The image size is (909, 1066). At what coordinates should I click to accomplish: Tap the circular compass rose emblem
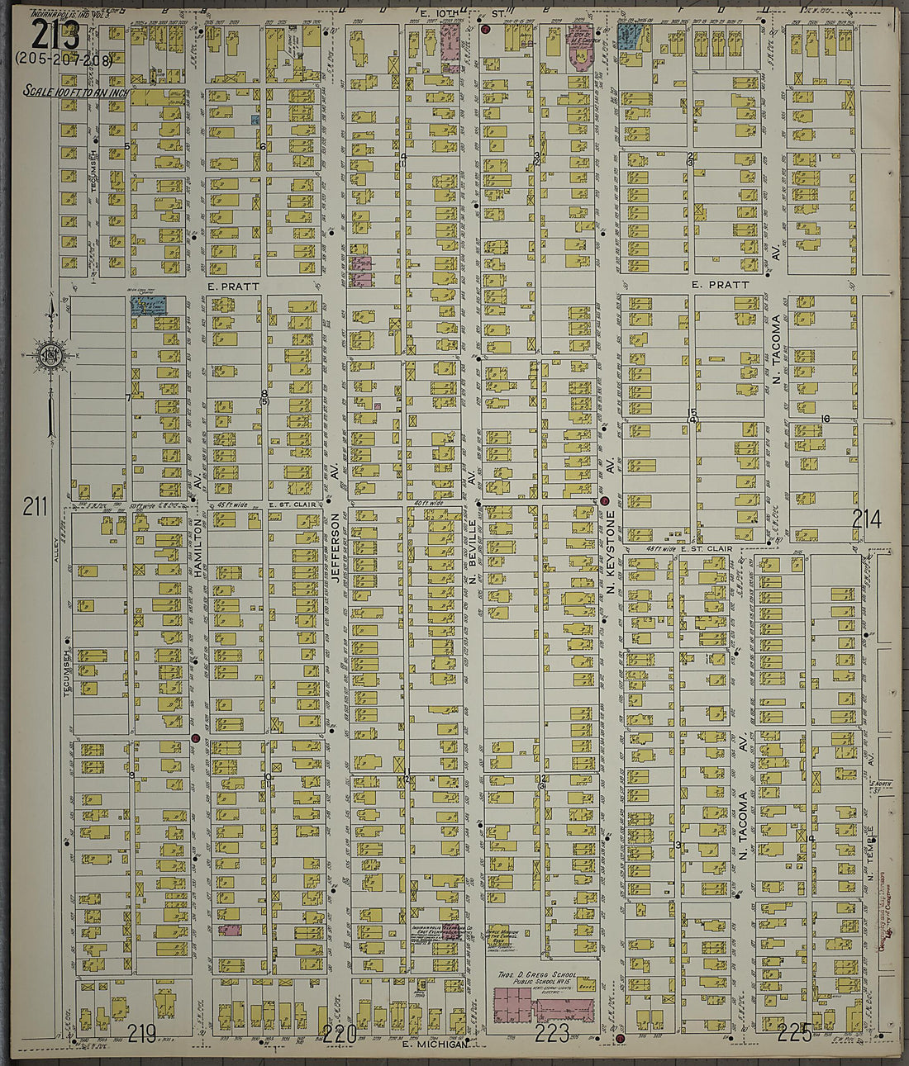[47, 356]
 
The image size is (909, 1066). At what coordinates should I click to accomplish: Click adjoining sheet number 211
[35, 506]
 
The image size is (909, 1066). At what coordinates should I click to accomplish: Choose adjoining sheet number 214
[867, 519]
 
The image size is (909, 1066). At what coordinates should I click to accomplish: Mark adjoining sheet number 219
[142, 1033]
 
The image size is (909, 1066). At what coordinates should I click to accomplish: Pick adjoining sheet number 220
[339, 1034]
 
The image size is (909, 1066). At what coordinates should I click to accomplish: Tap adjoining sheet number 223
[552, 1032]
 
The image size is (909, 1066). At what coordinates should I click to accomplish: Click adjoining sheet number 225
[795, 1032]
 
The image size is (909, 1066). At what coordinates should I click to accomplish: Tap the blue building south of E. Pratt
[149, 306]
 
